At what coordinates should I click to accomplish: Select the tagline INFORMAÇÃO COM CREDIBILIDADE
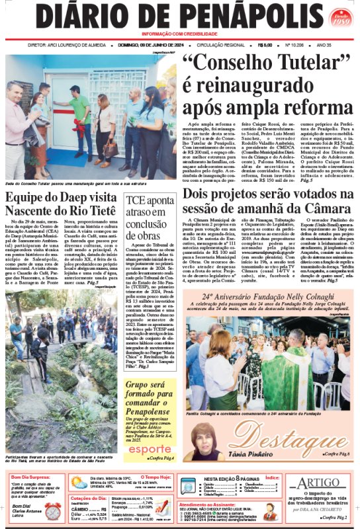click(179, 34)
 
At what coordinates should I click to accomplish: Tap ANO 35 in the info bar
click(325, 46)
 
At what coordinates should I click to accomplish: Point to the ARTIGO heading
click(321, 483)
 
